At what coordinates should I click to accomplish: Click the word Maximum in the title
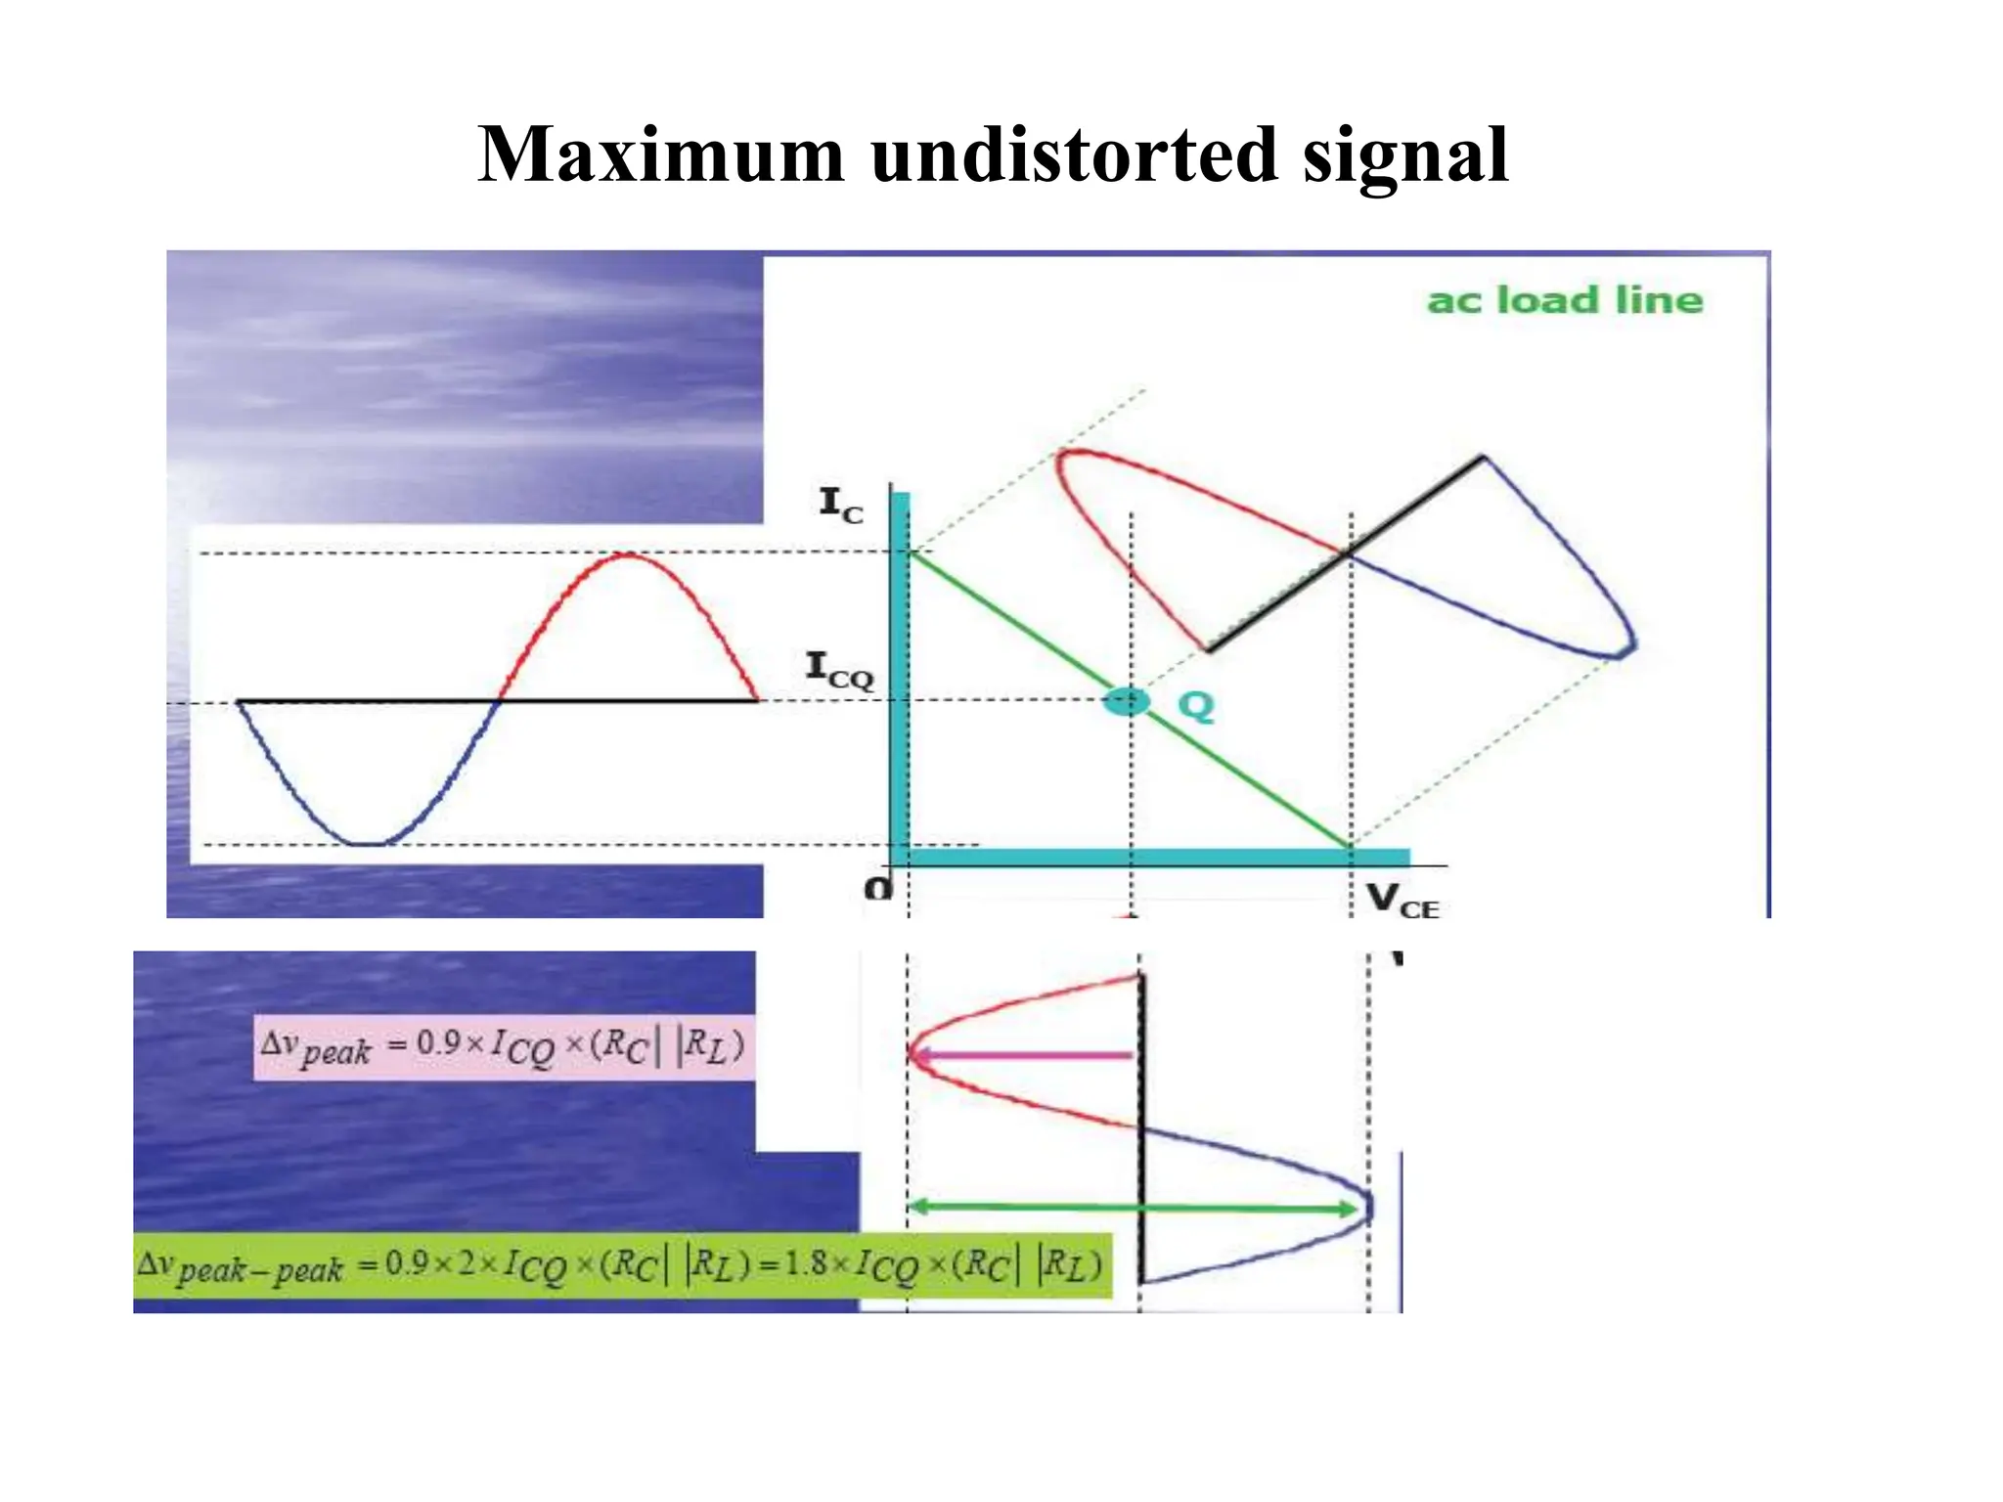[661, 155]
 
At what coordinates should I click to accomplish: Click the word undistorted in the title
[1074, 155]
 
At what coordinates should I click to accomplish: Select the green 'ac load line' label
[1565, 300]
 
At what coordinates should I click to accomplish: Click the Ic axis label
[841, 506]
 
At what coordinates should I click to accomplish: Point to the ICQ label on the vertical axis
[839, 671]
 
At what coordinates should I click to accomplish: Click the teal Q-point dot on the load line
[1126, 701]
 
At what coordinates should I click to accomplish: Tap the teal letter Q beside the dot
[1195, 705]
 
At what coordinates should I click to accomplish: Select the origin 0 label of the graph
[878, 889]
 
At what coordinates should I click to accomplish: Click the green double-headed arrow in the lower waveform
[1135, 1209]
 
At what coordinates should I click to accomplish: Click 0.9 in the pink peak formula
[438, 1042]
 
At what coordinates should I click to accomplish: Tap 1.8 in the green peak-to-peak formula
[805, 1263]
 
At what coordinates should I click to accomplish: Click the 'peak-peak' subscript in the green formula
[260, 1271]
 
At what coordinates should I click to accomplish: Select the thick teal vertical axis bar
[900, 675]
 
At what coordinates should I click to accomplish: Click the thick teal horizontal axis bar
[1154, 858]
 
